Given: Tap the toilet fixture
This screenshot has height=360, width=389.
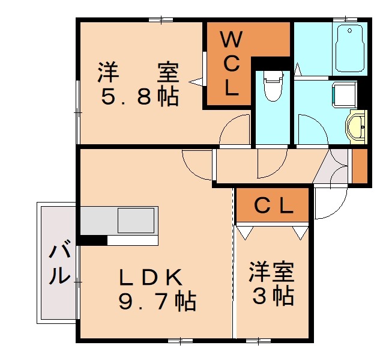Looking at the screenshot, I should click(273, 86).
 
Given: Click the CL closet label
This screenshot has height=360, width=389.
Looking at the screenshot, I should click(273, 206).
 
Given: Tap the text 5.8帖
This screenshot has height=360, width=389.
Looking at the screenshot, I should click(139, 96).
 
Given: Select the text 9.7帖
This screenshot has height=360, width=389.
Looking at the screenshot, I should click(157, 300).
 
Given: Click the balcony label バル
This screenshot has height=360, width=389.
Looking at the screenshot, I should click(58, 263).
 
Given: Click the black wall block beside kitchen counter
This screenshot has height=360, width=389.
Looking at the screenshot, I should click(92, 240).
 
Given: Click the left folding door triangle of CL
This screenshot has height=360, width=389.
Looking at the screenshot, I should click(244, 232).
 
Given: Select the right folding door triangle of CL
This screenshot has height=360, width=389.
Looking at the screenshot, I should click(300, 232).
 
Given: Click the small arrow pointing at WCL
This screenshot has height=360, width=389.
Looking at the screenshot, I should click(195, 81).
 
